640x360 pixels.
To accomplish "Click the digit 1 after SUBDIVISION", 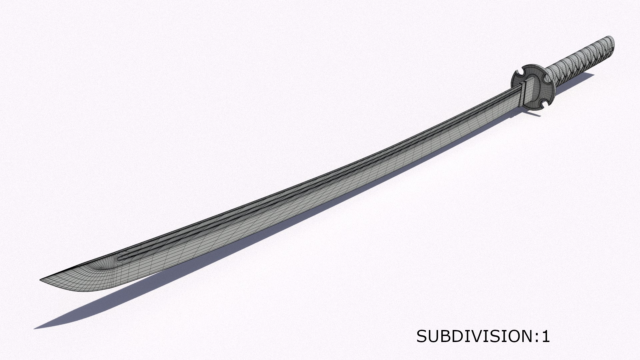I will (546, 337).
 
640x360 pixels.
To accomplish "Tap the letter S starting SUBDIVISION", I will (421, 337).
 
